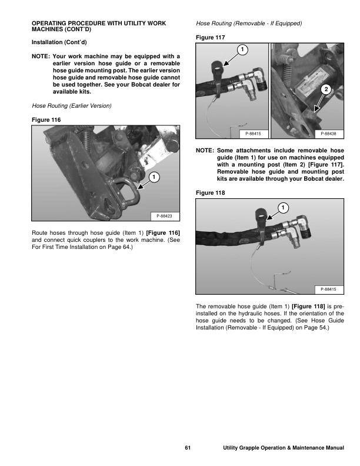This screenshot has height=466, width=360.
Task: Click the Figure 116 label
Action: (46, 119)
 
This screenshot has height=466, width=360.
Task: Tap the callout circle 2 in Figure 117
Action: (325, 89)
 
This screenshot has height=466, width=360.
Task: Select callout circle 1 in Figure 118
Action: (283, 208)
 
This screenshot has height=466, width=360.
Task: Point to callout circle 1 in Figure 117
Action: (242, 48)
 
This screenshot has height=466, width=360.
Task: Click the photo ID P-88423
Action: (165, 216)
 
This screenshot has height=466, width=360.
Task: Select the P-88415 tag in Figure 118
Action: (328, 289)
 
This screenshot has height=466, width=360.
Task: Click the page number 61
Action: (188, 449)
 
